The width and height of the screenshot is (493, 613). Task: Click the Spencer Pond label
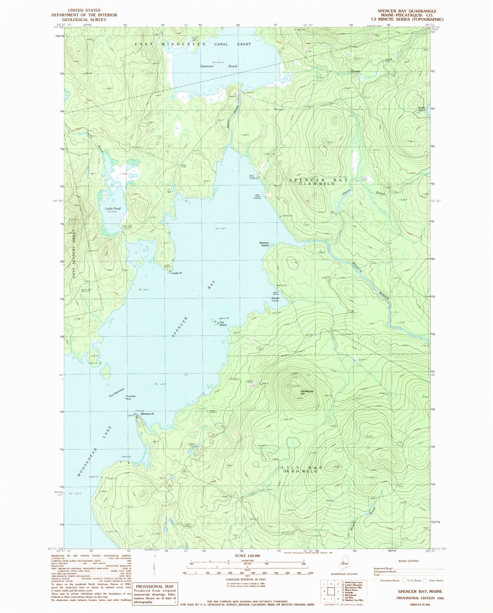point(219,66)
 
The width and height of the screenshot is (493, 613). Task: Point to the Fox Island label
point(223,324)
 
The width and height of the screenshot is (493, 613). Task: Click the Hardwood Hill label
point(307,392)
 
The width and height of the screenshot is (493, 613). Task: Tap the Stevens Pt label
point(147,414)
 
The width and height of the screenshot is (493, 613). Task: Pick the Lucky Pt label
point(177,273)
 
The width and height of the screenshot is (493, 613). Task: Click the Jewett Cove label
point(275,299)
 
